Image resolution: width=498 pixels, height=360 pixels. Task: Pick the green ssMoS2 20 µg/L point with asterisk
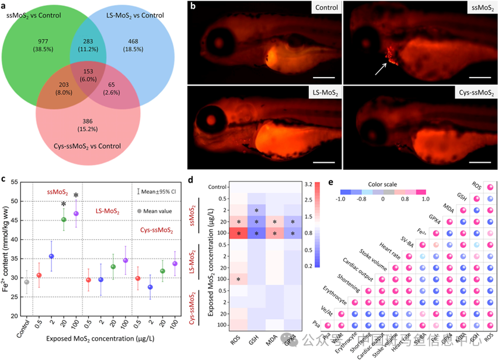pos(64,219)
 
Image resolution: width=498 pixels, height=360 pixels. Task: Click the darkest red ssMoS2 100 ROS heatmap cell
pos(237,233)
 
